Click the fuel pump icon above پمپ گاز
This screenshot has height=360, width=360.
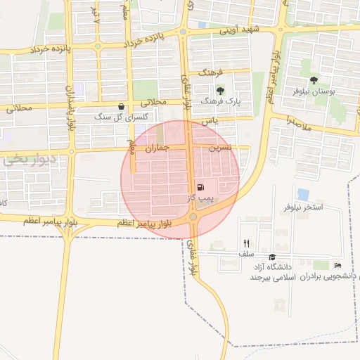(x=202, y=187)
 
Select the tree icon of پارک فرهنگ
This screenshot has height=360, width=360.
(x=221, y=90)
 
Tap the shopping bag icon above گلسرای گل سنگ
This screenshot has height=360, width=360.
(x=122, y=106)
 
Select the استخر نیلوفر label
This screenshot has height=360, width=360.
(x=303, y=207)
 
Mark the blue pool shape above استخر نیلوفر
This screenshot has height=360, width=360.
(x=303, y=193)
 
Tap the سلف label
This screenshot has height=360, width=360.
(x=246, y=253)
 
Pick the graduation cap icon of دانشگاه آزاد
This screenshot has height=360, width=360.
(x=272, y=257)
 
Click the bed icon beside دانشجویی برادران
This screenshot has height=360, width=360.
(x=337, y=265)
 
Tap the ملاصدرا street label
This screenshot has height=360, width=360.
(x=299, y=123)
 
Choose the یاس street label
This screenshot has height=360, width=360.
(x=209, y=121)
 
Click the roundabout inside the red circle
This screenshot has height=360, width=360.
(x=193, y=218)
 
